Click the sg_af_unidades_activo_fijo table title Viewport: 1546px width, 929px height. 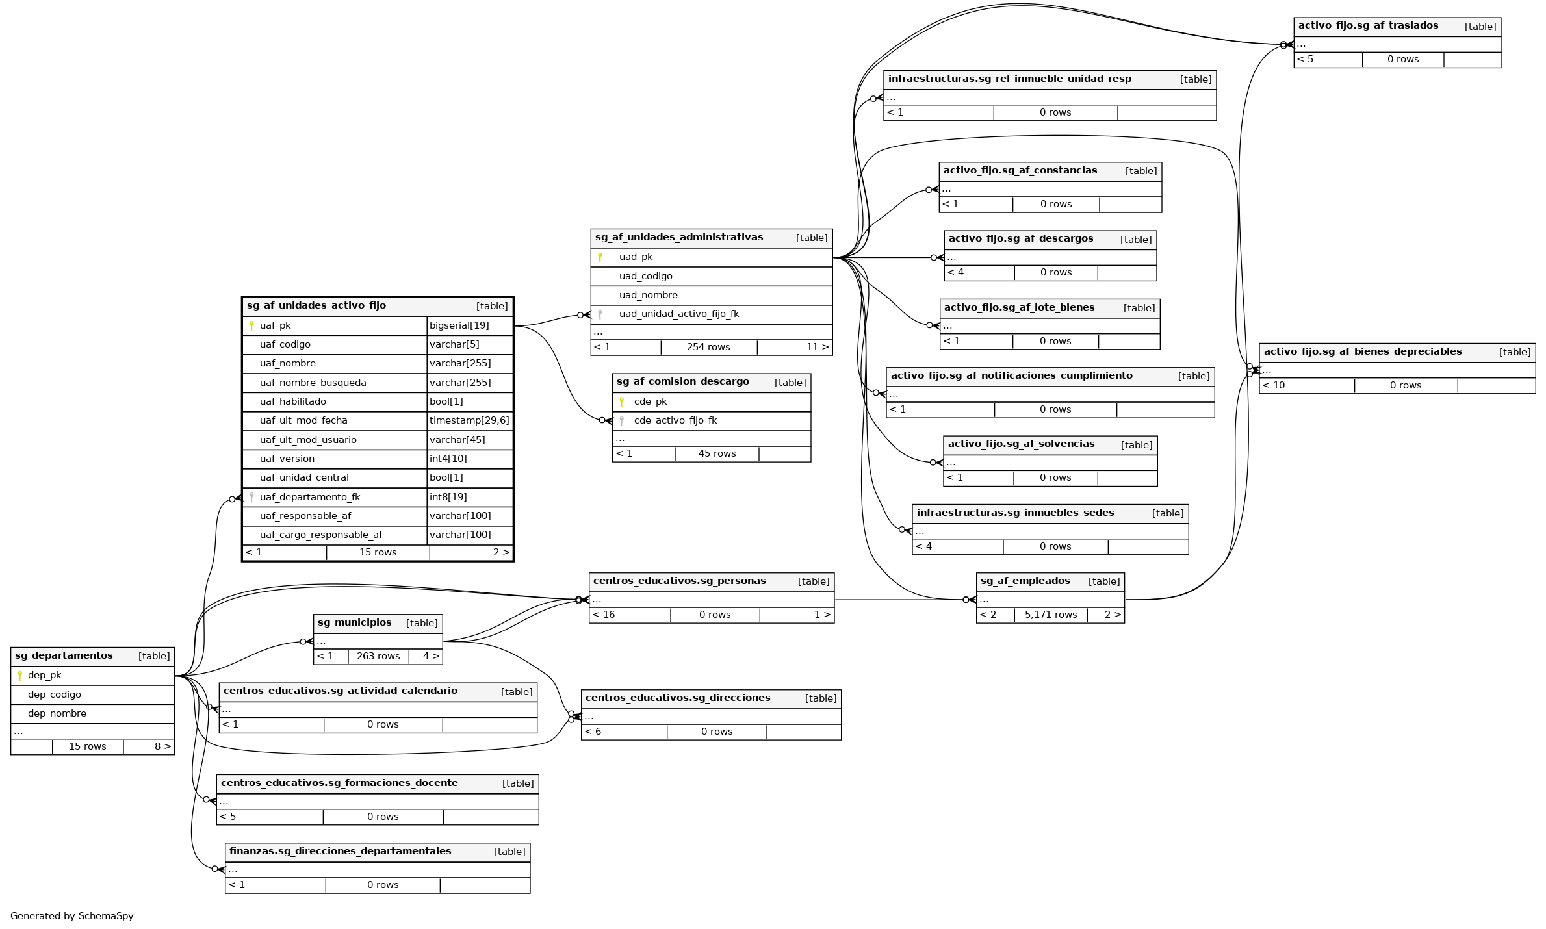point(316,305)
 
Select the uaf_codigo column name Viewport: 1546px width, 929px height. point(285,344)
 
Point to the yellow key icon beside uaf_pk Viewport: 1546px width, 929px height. point(251,325)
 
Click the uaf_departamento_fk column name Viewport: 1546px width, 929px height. point(309,497)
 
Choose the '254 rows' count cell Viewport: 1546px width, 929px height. point(708,347)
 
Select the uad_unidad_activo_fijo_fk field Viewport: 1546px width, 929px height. point(678,314)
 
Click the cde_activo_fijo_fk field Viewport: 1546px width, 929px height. point(675,420)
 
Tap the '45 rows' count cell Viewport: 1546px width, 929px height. point(717,453)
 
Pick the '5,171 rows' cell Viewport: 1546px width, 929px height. point(1050,615)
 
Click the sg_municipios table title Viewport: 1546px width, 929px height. point(354,622)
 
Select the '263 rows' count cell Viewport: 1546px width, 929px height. point(378,656)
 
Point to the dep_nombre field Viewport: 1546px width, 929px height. point(57,713)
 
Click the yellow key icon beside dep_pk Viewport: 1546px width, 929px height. point(20,676)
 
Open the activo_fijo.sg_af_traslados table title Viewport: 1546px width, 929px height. point(1367,26)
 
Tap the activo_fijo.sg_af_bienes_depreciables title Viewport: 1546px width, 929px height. point(1362,351)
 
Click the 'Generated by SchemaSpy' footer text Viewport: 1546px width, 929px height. point(72,916)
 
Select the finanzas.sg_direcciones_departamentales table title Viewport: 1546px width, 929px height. point(340,851)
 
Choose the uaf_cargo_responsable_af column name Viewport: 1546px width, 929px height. point(320,535)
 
